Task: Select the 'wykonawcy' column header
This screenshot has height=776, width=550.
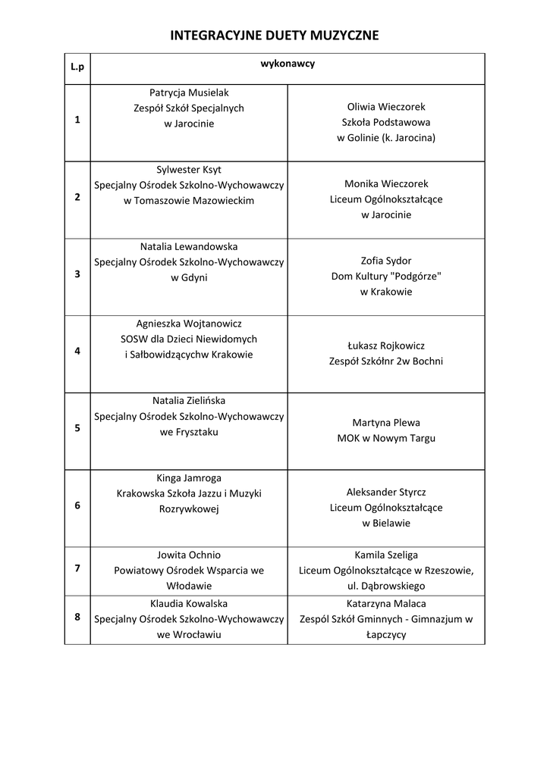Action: tap(288, 64)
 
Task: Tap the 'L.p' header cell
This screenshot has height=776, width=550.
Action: tap(77, 67)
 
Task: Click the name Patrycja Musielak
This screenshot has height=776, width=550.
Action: tap(189, 92)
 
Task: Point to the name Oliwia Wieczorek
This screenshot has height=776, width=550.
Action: tap(386, 107)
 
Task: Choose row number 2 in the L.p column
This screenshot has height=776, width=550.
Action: tap(77, 197)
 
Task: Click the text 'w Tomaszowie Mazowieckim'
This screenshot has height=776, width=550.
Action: tap(189, 201)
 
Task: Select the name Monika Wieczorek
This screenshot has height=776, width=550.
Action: tap(386, 184)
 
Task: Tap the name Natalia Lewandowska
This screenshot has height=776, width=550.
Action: tap(189, 247)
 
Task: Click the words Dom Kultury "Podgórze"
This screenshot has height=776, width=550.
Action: tap(386, 277)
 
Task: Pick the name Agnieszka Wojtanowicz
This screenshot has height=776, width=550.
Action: tap(189, 324)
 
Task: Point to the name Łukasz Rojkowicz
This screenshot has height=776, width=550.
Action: tap(386, 346)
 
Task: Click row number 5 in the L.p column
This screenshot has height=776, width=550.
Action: tap(77, 428)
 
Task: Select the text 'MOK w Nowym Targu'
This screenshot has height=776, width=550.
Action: tap(386, 438)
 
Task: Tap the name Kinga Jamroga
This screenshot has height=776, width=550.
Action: tap(189, 478)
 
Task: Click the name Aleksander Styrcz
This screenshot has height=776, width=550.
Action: tap(386, 492)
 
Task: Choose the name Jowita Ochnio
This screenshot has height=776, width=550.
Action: tap(189, 555)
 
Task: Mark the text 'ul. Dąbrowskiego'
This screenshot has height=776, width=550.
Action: tap(386, 586)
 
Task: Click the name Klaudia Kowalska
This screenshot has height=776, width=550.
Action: tap(189, 604)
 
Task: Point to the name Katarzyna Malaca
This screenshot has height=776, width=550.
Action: tap(386, 604)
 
